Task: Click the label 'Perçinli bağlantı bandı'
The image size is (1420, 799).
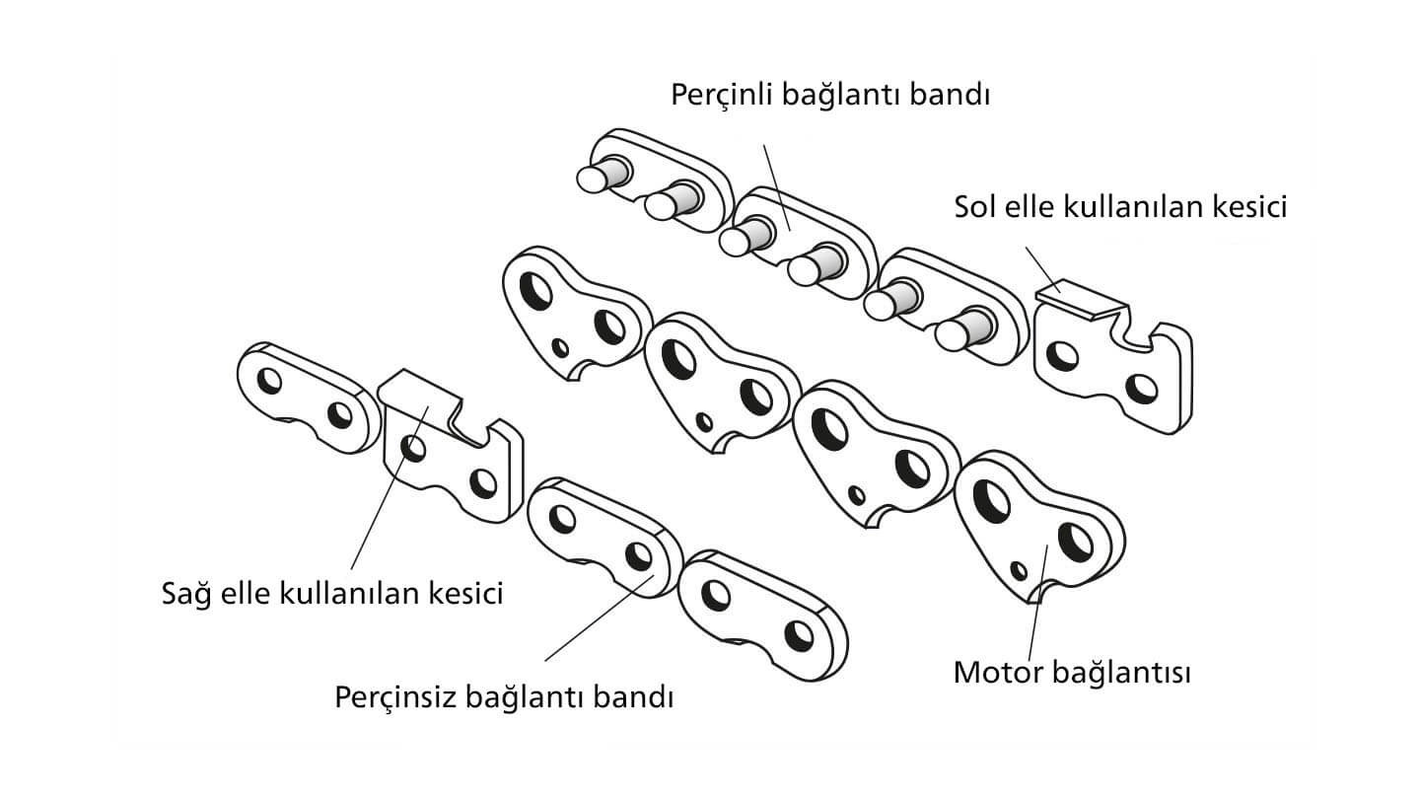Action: click(x=830, y=96)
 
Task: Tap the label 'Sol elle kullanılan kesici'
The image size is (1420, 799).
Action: click(x=1120, y=207)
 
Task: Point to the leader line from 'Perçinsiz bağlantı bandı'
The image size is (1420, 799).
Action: click(x=600, y=618)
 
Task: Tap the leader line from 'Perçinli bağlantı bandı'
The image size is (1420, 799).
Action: click(x=777, y=187)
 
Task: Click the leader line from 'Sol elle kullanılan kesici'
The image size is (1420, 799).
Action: click(x=1043, y=269)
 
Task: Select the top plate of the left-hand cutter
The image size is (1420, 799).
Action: click(x=1082, y=297)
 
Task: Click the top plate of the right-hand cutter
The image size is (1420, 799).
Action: click(x=418, y=390)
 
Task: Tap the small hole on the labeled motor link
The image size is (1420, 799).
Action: click(x=1019, y=571)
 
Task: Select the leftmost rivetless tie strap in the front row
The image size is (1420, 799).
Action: click(x=308, y=397)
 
